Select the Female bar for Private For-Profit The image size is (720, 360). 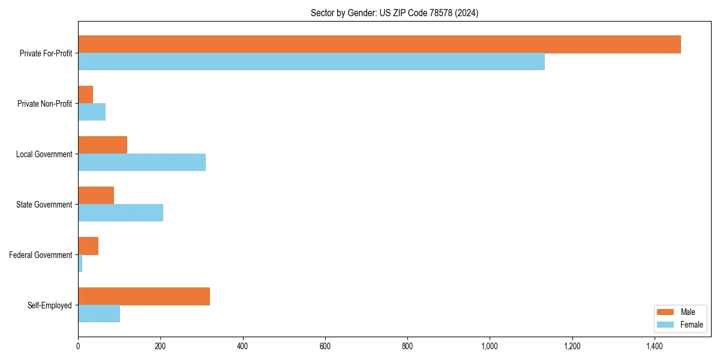click(311, 62)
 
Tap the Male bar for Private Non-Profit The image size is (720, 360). click(86, 95)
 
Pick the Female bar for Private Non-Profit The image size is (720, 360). click(92, 112)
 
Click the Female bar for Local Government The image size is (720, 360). click(142, 163)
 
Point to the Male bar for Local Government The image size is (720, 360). click(103, 145)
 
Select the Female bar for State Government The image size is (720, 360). click(121, 213)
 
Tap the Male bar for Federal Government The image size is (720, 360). click(88, 246)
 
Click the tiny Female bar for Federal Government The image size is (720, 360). click(80, 263)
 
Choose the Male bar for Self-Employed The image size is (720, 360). click(144, 296)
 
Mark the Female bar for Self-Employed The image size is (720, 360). click(99, 314)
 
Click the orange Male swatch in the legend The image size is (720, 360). click(666, 312)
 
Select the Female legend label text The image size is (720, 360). click(691, 325)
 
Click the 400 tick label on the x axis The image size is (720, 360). click(242, 346)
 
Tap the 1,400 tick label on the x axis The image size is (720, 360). click(655, 346)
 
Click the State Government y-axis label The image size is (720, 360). click(44, 205)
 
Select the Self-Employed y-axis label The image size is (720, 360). click(50, 305)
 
